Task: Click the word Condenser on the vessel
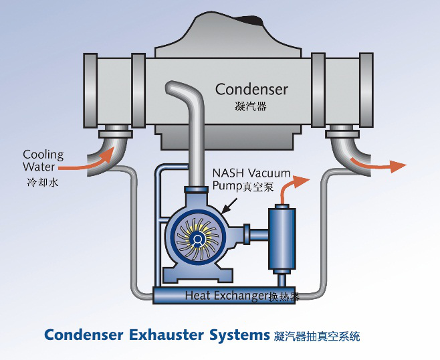tap(251, 89)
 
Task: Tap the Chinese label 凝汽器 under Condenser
tap(251, 106)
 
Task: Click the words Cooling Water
tap(43, 161)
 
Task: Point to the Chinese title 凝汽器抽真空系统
tap(317, 335)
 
